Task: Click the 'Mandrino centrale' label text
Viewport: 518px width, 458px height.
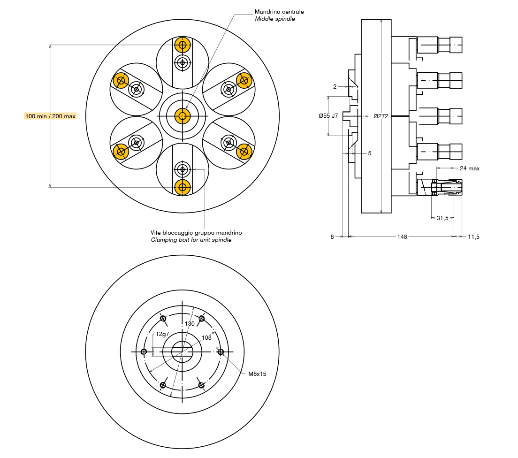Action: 279,11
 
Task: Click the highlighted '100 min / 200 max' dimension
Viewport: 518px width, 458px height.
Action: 50,116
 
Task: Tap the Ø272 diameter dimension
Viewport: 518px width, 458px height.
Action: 381,116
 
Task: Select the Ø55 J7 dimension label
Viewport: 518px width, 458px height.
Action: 328,116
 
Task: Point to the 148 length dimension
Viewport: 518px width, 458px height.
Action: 402,237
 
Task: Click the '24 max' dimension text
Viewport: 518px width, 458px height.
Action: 470,168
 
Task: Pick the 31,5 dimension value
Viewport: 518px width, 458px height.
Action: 442,218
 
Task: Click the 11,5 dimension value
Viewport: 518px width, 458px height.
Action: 473,237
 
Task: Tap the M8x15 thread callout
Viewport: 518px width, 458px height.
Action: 257,374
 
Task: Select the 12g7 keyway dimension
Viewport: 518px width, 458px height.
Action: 162,334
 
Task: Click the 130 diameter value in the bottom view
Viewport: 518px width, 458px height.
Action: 190,324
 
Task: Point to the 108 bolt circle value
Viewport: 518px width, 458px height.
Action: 206,337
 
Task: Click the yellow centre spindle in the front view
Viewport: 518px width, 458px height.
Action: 183,116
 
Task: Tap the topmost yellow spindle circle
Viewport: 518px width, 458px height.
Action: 183,46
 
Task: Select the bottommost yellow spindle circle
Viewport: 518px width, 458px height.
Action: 183,187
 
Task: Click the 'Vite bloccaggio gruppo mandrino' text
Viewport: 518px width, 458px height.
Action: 196,233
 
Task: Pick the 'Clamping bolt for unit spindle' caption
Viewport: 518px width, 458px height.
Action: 191,240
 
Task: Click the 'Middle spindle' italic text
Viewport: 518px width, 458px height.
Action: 275,19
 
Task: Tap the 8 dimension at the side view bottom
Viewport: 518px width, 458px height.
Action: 332,237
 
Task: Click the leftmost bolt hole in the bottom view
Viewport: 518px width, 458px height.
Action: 144,351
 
